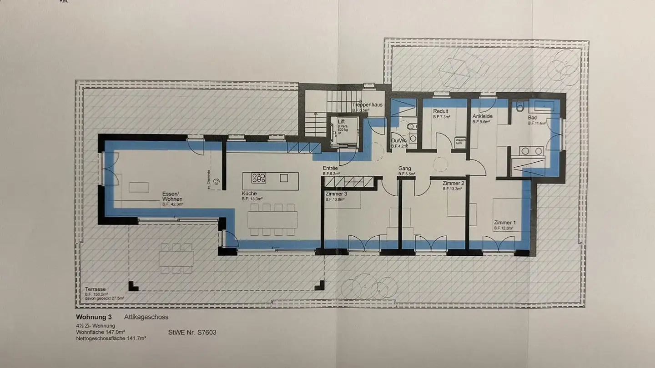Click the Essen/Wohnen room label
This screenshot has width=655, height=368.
(172, 197)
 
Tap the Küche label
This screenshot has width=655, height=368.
(249, 194)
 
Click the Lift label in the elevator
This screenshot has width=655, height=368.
(341, 121)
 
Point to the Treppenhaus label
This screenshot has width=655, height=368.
(368, 104)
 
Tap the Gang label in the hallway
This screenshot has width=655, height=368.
(404, 168)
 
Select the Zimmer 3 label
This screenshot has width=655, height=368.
(336, 194)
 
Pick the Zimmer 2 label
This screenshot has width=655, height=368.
(453, 183)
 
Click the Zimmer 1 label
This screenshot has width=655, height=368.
(505, 223)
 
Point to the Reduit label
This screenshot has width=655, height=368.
(440, 111)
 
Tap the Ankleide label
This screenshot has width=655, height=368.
(482, 116)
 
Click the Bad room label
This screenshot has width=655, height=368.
(532, 118)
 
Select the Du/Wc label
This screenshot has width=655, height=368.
(399, 140)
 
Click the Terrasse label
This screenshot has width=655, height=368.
(95, 289)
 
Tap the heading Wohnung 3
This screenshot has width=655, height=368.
(93, 317)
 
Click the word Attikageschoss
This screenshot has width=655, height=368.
(146, 317)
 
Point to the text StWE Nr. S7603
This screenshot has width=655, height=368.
(192, 332)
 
